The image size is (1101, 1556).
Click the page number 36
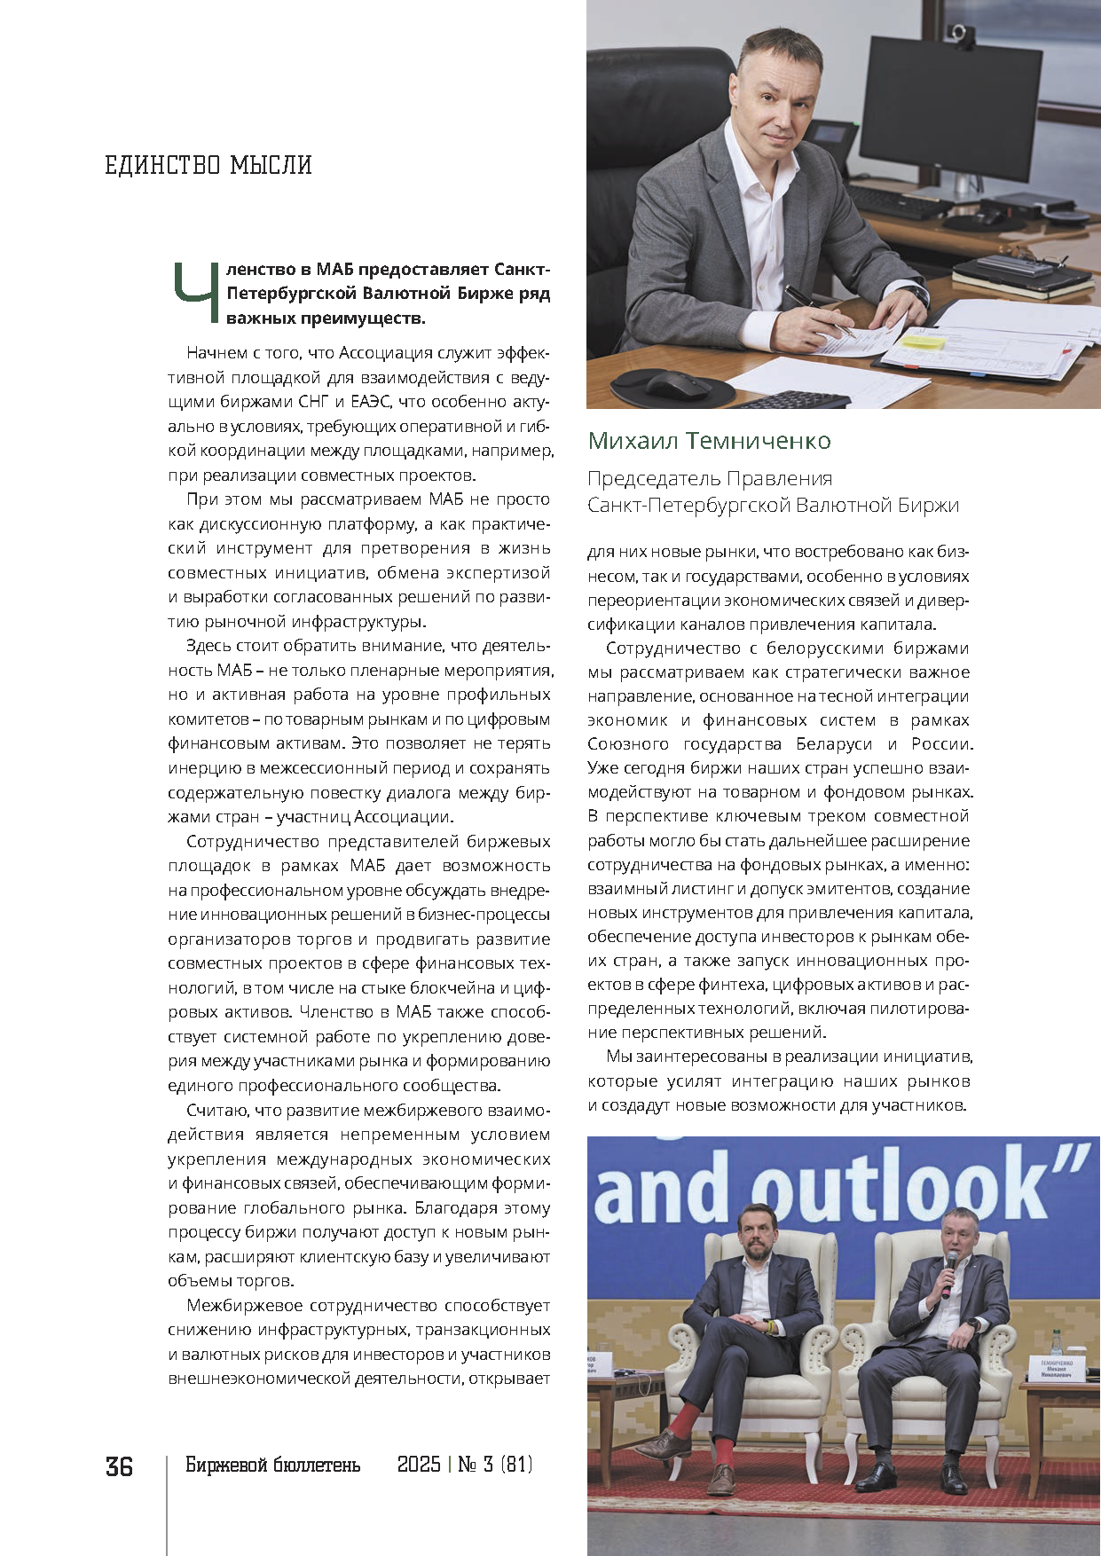(119, 1466)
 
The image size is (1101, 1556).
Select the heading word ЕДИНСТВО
(162, 165)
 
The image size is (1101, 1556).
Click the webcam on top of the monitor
(959, 35)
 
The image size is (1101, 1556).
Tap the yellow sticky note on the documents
(923, 340)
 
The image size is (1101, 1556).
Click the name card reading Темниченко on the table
(1056, 1368)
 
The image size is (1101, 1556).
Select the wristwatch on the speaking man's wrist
(974, 1324)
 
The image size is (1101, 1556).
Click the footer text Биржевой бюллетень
(272, 1465)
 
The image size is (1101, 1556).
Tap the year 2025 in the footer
(419, 1465)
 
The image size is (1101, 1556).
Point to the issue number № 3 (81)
(495, 1465)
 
